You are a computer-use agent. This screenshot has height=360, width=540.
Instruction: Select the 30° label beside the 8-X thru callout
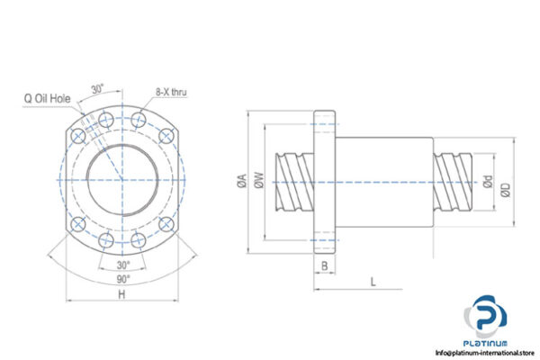click(97, 89)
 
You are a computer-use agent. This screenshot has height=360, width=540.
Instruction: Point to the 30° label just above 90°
click(124, 265)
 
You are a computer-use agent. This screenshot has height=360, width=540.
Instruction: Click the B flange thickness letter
click(323, 266)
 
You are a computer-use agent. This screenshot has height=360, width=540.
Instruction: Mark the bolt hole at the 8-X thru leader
click(139, 119)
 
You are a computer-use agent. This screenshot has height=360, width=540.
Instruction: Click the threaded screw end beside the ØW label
click(293, 179)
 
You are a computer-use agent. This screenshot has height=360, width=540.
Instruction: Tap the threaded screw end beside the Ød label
click(454, 179)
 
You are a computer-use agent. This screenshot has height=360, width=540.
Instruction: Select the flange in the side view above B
click(324, 179)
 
